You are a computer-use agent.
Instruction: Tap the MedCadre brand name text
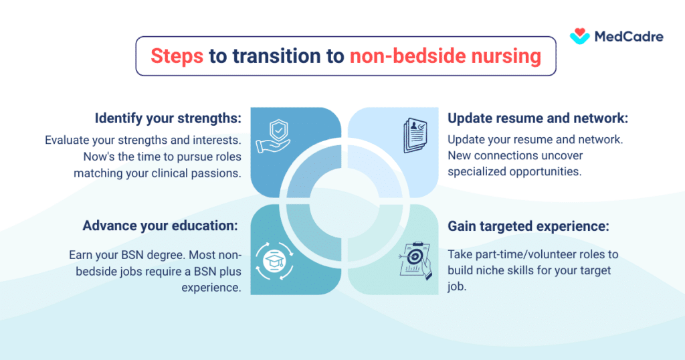tap(628, 37)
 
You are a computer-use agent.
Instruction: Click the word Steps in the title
tap(177, 56)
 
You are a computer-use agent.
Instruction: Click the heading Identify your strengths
tap(167, 118)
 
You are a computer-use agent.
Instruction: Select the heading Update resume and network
tap(538, 118)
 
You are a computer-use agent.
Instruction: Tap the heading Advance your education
tap(161, 226)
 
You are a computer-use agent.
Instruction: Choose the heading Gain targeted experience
tap(528, 226)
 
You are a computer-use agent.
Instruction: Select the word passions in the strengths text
tap(216, 172)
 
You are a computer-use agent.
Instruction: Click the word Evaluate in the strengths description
tap(69, 141)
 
